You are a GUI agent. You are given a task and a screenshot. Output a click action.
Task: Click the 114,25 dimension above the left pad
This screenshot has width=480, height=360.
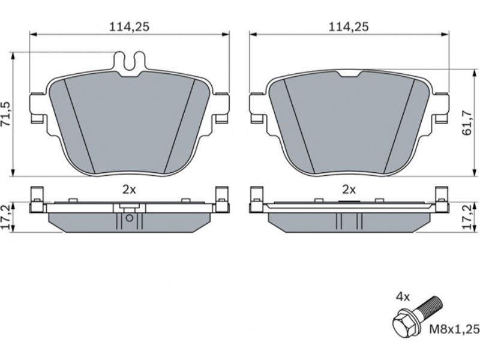tap(129, 27)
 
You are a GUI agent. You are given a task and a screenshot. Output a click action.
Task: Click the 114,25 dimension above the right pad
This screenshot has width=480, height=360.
tap(349, 27)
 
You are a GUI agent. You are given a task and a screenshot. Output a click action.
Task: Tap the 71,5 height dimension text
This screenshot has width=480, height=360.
tap(6, 114)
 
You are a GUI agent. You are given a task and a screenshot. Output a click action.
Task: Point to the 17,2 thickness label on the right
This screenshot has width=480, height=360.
tap(468, 218)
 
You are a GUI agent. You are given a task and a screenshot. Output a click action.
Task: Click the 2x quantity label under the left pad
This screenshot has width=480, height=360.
tap(129, 190)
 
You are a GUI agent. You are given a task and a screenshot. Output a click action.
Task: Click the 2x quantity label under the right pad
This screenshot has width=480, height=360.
tap(349, 190)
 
